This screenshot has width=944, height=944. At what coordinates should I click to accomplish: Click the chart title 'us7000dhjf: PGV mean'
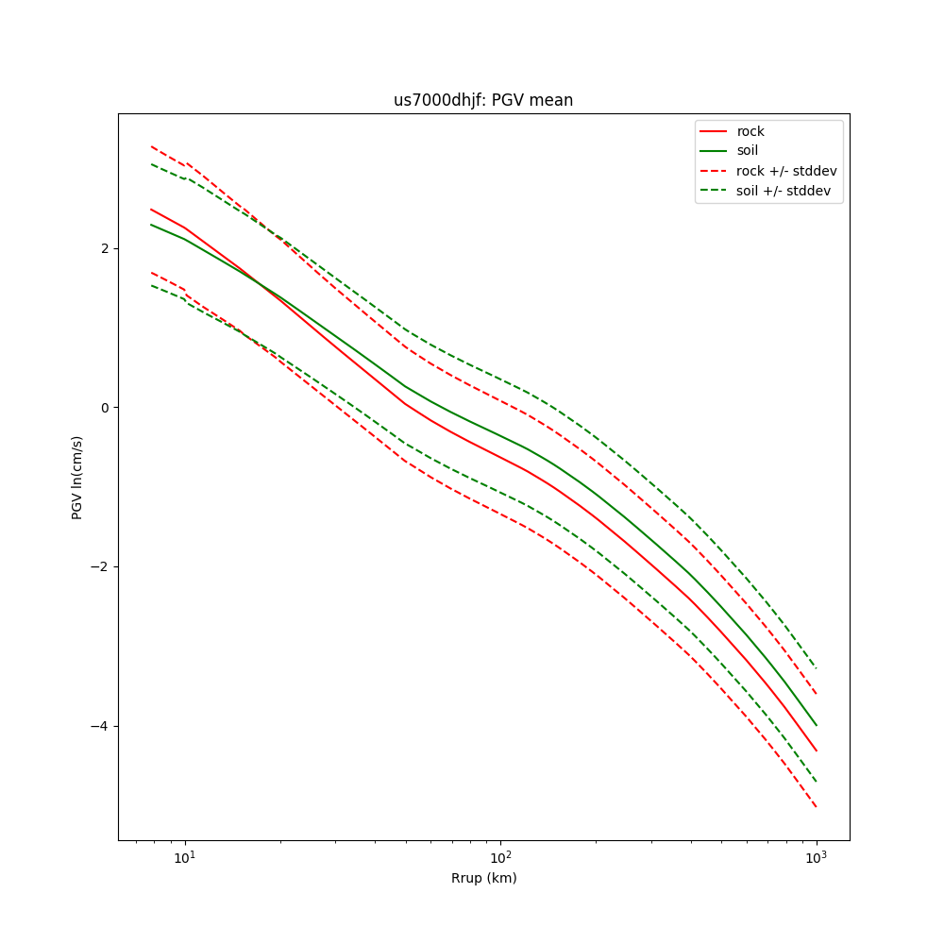click(483, 100)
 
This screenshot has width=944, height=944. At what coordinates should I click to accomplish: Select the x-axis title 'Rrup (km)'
click(483, 878)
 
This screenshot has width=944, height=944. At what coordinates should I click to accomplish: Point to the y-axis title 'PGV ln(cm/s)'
click(77, 477)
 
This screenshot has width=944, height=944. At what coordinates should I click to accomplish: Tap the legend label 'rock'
click(750, 131)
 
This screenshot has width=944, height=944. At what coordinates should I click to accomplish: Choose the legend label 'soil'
click(747, 151)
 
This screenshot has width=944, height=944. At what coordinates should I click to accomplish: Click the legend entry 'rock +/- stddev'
click(786, 171)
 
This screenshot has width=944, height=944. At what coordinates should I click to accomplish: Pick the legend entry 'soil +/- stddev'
click(785, 191)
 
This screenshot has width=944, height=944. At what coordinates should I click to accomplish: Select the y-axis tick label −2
click(99, 567)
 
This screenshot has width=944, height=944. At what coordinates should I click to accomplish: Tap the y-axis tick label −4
click(99, 726)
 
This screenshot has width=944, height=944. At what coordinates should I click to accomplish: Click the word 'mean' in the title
click(554, 100)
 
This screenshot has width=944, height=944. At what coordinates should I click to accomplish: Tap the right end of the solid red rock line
click(816, 750)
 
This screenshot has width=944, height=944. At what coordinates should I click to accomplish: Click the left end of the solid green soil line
click(151, 225)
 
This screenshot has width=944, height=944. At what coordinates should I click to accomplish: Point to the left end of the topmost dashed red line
click(151, 146)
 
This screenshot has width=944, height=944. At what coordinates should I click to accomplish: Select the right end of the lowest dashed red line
click(816, 807)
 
